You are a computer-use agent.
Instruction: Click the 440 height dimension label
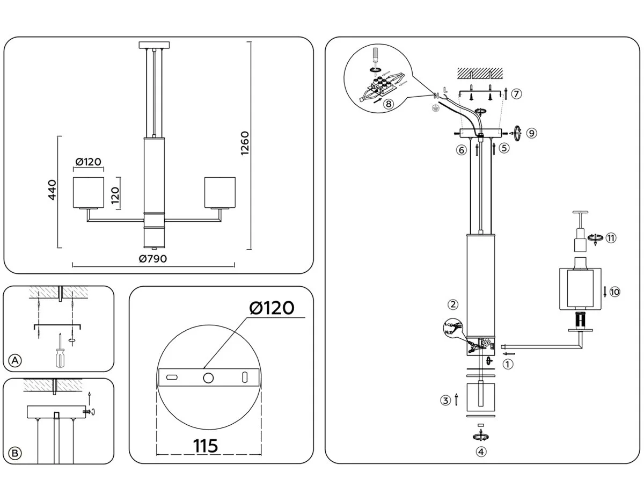tap(52, 190)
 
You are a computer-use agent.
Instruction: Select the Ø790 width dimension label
tap(153, 259)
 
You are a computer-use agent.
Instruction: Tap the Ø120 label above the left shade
tap(89, 162)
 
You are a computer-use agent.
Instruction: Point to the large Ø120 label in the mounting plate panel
tap(272, 308)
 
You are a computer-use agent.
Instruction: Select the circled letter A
tap(16, 361)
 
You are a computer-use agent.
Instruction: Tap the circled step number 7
tap(516, 93)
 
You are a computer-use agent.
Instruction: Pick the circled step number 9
tap(531, 133)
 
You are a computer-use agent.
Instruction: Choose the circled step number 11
tap(611, 238)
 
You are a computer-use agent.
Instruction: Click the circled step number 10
tap(615, 292)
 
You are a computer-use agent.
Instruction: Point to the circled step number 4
tap(481, 451)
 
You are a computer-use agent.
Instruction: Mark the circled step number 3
tap(445, 400)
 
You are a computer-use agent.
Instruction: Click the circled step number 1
tap(507, 364)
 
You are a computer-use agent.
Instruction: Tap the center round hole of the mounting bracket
tap(208, 377)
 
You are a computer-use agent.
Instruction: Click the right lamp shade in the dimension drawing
tap(219, 192)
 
